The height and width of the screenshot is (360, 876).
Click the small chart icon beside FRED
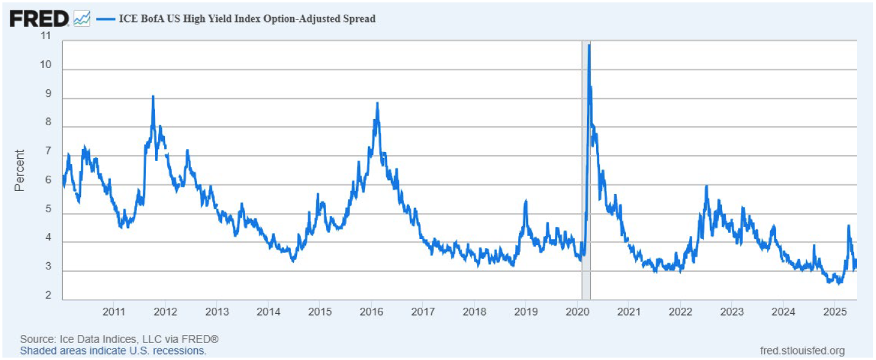pyautogui.click(x=82, y=19)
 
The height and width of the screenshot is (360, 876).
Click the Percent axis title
pyautogui.click(x=20, y=170)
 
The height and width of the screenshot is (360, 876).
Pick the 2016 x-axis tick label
pyautogui.click(x=371, y=312)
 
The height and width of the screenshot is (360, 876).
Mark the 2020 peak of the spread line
pyautogui.click(x=589, y=46)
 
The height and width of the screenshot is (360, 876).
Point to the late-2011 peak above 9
pyautogui.click(x=153, y=97)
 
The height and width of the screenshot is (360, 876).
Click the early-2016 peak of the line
pyautogui.click(x=377, y=103)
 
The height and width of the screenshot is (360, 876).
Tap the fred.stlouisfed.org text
pyautogui.click(x=802, y=351)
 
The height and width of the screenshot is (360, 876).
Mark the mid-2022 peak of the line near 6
pyautogui.click(x=706, y=186)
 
